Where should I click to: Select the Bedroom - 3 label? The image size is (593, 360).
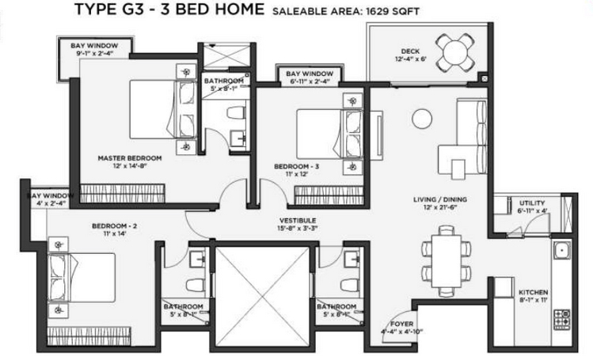295,166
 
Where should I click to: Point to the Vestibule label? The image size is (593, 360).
298,220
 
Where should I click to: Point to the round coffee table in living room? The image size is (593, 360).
420,118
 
